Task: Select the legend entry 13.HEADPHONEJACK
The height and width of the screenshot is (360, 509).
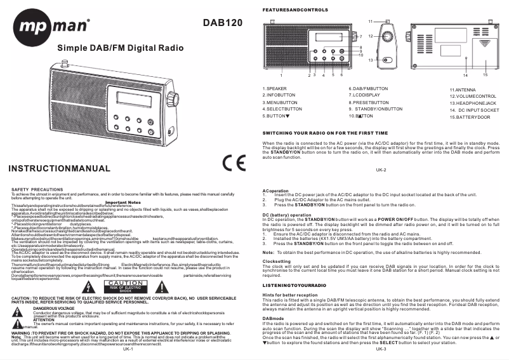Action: (x=473, y=103)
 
